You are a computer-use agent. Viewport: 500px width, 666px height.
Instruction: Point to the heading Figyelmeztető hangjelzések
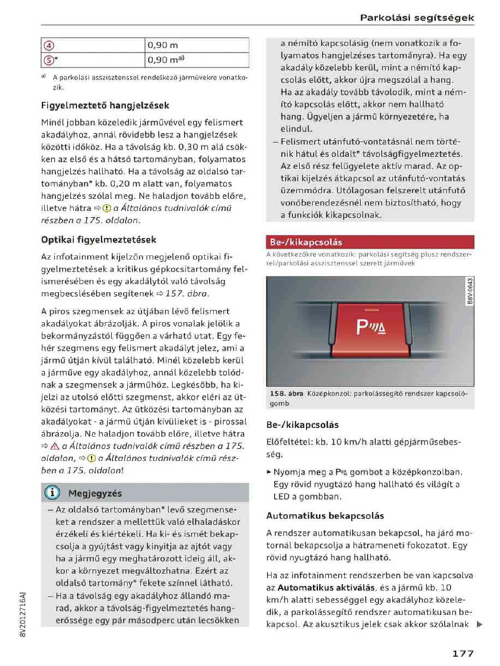pyautogui.click(x=105, y=105)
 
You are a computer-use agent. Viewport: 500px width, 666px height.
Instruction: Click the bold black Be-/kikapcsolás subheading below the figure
pyautogui.click(x=303, y=425)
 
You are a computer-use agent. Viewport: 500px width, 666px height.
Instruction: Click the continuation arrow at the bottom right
pyautogui.click(x=479, y=625)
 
